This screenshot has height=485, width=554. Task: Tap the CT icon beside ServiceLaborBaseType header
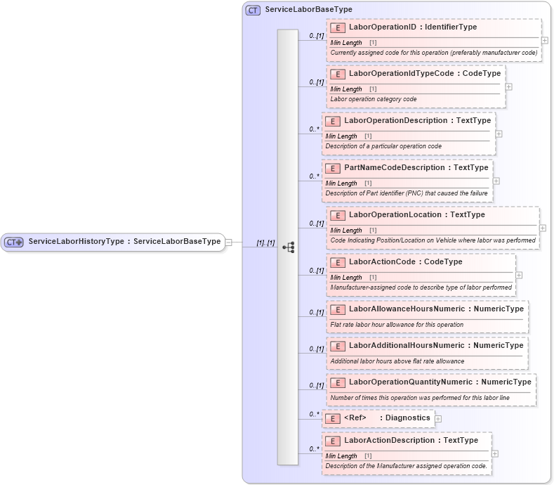tap(253, 10)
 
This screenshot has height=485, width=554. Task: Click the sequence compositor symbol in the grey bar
tap(288, 247)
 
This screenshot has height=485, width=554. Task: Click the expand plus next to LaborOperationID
tap(545, 41)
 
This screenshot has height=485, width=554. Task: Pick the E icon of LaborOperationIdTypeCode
tap(337, 74)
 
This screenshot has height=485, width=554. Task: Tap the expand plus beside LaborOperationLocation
tap(543, 228)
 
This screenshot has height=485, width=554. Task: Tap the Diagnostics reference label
tap(405, 418)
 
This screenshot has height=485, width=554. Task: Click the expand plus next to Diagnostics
tap(438, 419)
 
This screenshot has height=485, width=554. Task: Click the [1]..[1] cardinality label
tap(265, 242)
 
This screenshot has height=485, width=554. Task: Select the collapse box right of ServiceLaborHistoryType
tap(229, 242)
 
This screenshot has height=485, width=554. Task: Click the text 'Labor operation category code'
tap(373, 99)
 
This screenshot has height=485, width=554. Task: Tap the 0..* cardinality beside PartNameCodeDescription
tap(315, 176)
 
